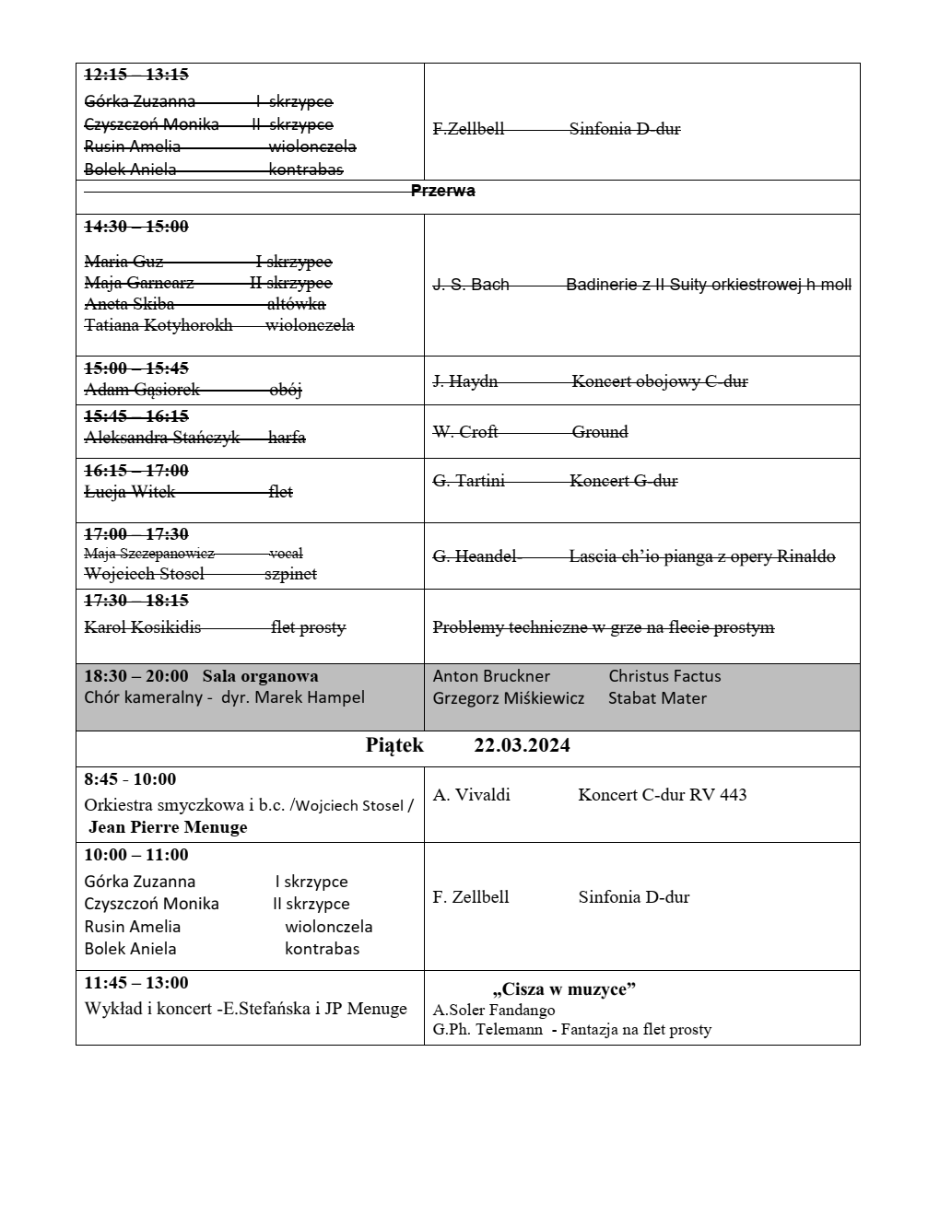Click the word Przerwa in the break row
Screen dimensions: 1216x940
point(443,192)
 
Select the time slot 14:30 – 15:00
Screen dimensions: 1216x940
point(136,227)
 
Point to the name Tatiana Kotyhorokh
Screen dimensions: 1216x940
point(159,325)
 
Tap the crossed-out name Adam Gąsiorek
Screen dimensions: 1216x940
point(142,390)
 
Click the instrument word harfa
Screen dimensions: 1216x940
point(287,438)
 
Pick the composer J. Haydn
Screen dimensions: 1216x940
point(465,381)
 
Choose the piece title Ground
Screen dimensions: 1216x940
point(600,432)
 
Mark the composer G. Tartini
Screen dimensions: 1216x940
point(469,481)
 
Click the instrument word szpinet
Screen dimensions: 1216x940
point(290,574)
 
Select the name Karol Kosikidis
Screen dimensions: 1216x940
point(143,627)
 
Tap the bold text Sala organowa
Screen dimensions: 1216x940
point(260,676)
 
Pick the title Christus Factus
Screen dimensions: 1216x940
point(664,676)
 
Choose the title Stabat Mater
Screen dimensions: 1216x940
point(657,698)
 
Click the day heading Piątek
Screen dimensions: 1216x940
point(394,745)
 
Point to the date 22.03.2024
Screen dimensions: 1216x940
point(522,745)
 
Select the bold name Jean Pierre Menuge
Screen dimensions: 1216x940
point(168,827)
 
